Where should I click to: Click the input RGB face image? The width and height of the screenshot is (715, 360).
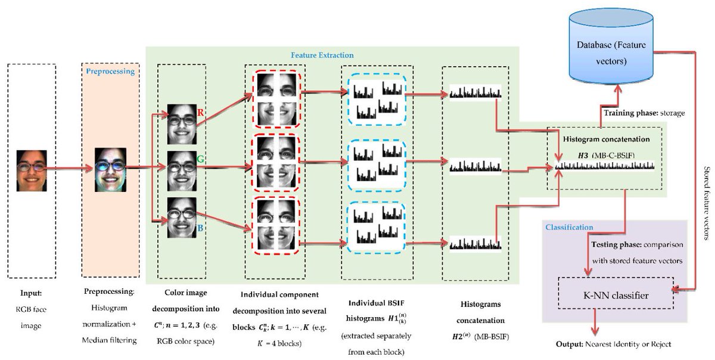[x=32, y=170]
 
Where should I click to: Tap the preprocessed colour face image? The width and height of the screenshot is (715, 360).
[x=111, y=169]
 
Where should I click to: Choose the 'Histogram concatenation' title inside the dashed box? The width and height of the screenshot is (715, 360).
[x=603, y=138]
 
